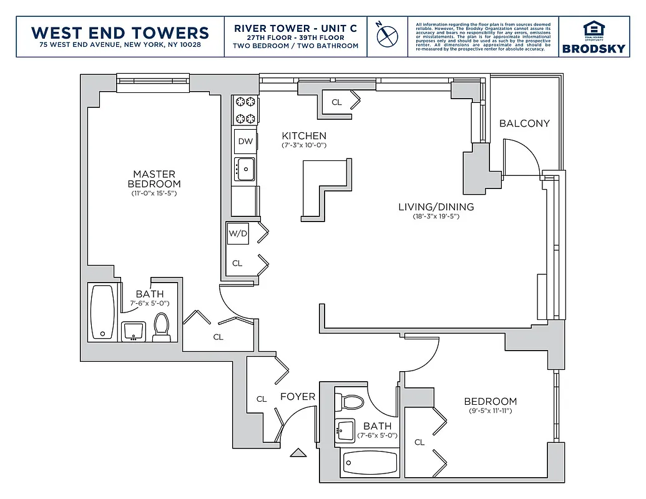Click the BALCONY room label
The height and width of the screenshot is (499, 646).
[x=524, y=124]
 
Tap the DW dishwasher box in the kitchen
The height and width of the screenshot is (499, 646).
[x=245, y=141]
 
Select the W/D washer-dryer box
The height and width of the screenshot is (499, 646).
[x=238, y=234]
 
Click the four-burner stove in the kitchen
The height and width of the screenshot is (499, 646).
[x=245, y=110]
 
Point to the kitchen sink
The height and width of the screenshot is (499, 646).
[x=245, y=168]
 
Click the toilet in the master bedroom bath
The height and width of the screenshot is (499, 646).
[x=162, y=326]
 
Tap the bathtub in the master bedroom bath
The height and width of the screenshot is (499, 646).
[x=103, y=312]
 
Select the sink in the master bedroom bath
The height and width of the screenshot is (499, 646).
[x=132, y=331]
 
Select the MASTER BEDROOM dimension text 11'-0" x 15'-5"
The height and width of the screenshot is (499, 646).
[x=154, y=193]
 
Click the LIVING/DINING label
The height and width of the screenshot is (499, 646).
[x=436, y=207]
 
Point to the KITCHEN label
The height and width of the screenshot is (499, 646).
[x=304, y=136]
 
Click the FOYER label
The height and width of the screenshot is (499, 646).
[x=297, y=397]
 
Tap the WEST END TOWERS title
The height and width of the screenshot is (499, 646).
[x=120, y=32]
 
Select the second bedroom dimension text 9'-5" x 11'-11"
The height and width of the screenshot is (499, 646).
[x=490, y=411]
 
